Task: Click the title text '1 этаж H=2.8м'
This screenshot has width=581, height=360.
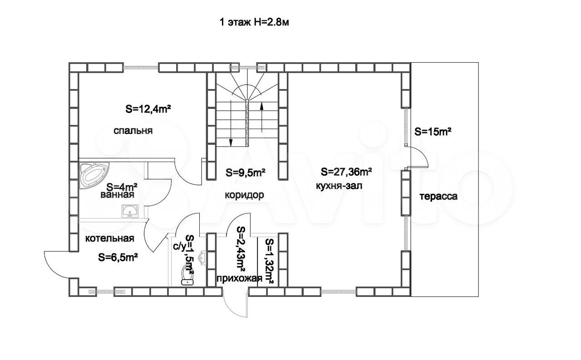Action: pos(254,22)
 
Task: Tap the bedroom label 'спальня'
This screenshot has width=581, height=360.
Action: pos(133,131)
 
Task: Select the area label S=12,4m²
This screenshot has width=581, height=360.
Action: pos(148,109)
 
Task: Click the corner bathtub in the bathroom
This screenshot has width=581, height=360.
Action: pos(93,176)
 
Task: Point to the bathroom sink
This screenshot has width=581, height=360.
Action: pos(130,211)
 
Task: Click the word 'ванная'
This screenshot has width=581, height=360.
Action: pos(117,195)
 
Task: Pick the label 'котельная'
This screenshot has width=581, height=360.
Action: pos(110,238)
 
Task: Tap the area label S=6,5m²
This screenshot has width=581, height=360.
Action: pos(118,257)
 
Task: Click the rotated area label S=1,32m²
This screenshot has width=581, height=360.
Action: pos(269,262)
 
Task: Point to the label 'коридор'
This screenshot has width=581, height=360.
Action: pos(244,195)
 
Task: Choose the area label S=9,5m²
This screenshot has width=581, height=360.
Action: pos(246,173)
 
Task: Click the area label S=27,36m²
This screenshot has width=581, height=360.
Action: pos(346,172)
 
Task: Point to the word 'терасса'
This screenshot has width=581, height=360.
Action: pos(438,197)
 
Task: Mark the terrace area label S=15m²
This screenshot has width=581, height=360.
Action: pos(433,132)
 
